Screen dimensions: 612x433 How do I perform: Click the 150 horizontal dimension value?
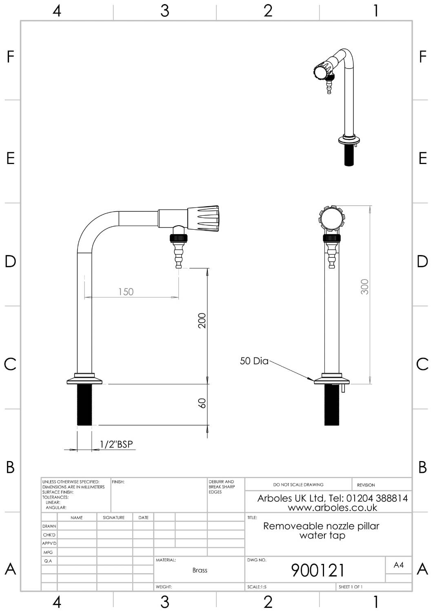126,292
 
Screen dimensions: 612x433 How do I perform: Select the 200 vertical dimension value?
202,320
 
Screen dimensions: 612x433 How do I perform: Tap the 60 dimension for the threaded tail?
202,403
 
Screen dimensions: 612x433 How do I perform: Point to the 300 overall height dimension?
364,287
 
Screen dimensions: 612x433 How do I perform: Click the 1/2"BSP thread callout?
116,444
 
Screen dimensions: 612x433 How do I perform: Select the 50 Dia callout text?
254,361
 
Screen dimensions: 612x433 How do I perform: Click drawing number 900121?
318,570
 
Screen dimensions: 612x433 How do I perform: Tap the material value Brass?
200,570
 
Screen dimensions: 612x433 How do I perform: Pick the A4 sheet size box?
398,565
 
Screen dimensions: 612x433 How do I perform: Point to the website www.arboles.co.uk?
332,508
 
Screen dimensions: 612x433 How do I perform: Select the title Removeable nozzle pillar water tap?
322,531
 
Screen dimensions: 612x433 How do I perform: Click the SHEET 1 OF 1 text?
350,587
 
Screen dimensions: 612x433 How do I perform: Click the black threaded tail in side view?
85,405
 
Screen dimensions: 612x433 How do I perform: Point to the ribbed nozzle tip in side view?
178,255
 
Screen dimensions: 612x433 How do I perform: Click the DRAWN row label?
49,526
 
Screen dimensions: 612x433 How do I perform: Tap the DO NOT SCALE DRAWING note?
298,485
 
